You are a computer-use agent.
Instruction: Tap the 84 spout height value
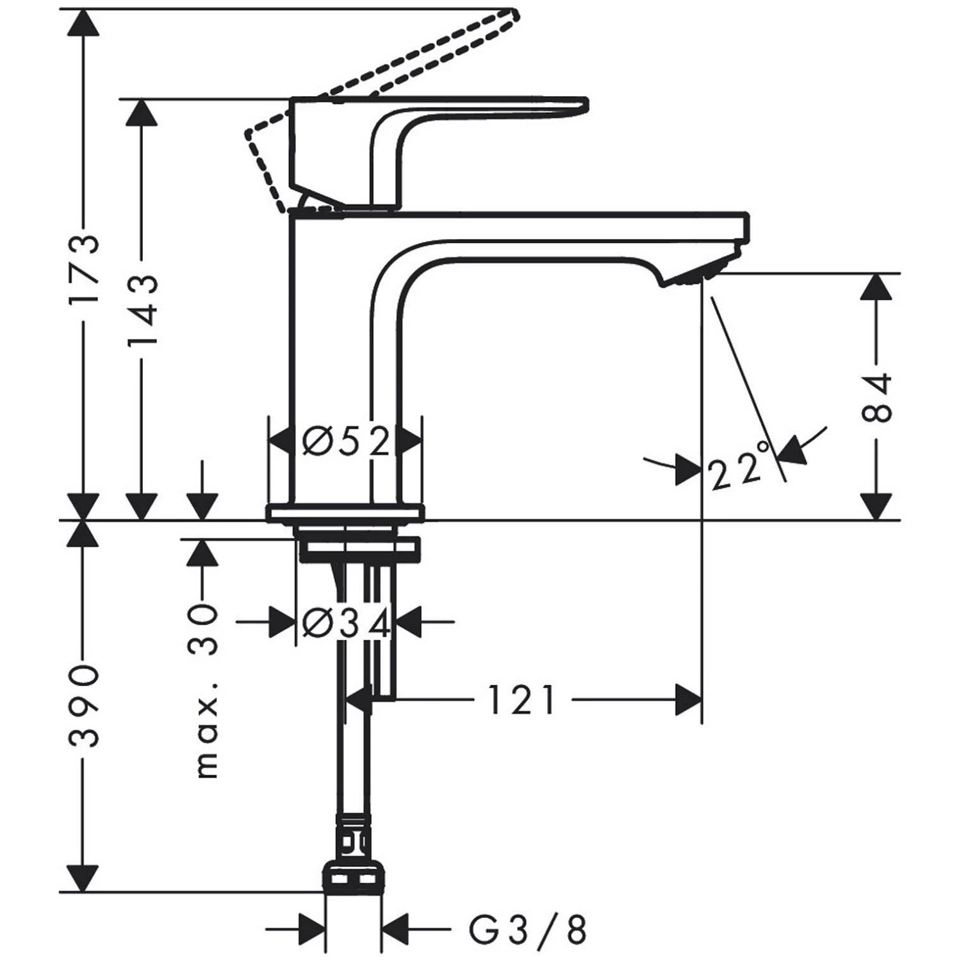coord(876,397)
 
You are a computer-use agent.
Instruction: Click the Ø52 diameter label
coord(347,442)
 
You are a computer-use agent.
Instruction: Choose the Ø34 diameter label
coord(347,622)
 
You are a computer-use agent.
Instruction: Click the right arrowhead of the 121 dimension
coord(688,700)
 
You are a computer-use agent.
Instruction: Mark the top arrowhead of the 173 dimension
coord(84,26)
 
